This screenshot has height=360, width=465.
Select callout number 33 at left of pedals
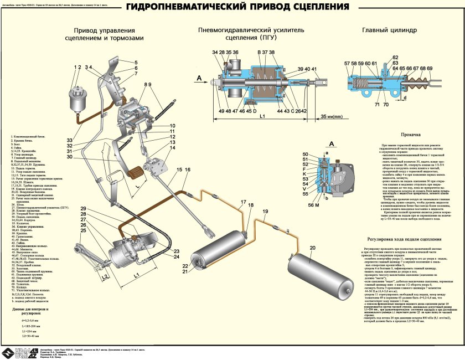tap(70, 140)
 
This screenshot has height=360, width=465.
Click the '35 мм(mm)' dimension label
tap(332, 117)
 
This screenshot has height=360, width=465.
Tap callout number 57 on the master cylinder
tap(347, 64)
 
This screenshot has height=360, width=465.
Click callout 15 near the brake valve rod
tap(179, 169)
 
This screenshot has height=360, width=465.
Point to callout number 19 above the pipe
tap(265, 212)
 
